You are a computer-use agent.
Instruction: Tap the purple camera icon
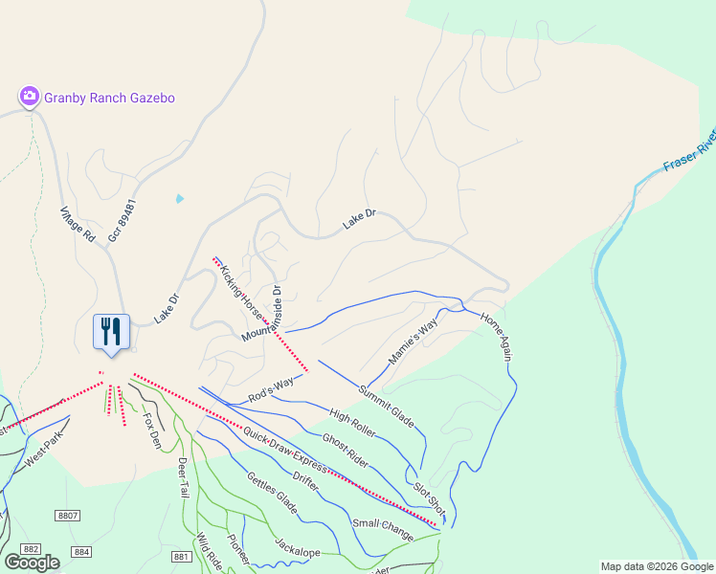(x=30, y=96)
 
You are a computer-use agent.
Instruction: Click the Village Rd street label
(x=78, y=223)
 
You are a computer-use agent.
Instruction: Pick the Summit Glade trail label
(x=387, y=404)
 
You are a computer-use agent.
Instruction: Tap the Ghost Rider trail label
(x=346, y=451)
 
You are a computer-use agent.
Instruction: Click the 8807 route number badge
(x=68, y=516)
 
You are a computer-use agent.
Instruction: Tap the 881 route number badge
(x=182, y=556)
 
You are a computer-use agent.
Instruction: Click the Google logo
(x=32, y=563)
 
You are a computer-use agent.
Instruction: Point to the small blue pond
(x=179, y=199)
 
